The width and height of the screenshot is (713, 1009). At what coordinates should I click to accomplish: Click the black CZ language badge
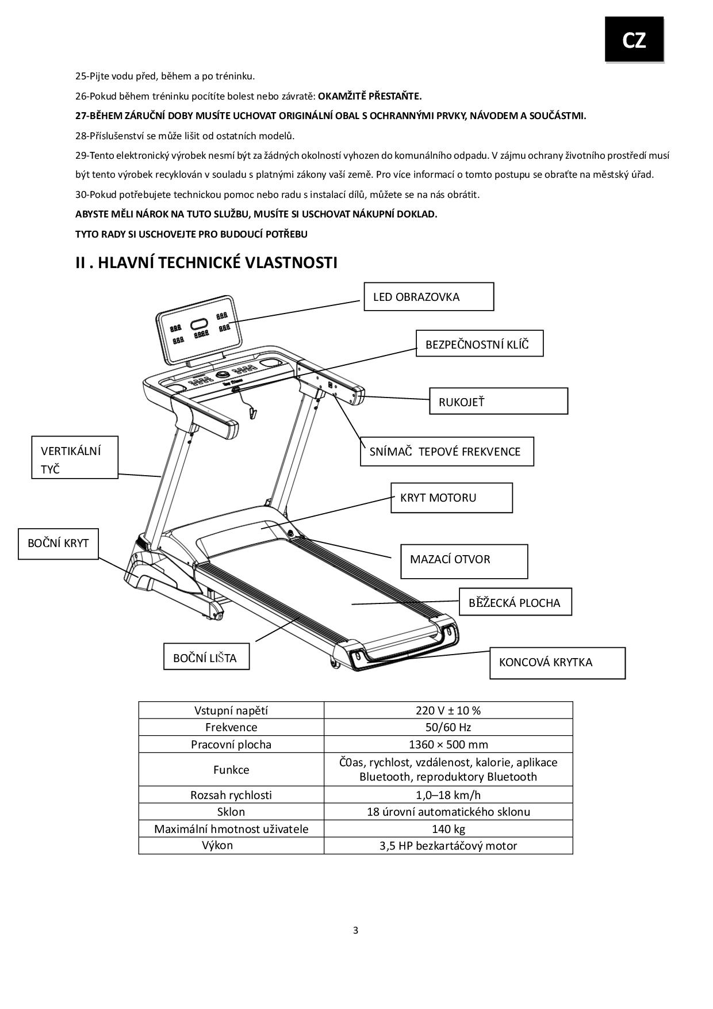pos(634,39)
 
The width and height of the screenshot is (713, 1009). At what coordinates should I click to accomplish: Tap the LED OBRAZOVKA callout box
pos(428,297)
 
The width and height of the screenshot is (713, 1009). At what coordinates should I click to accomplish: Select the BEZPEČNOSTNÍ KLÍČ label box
pos(479,343)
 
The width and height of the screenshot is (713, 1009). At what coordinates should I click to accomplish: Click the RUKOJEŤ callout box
pos(498,401)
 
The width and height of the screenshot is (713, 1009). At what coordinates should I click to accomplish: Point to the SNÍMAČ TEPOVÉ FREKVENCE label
pos(447,451)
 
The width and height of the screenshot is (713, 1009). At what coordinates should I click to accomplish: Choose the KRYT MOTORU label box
pos(451,498)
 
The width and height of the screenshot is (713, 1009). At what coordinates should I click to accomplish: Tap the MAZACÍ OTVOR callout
pos(463,561)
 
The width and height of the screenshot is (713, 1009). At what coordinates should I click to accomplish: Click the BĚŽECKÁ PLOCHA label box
pos(515,602)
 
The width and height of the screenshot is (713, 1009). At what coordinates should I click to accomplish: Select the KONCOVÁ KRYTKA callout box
pos(557,663)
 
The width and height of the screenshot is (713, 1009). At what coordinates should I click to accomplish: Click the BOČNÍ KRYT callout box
pos(58,543)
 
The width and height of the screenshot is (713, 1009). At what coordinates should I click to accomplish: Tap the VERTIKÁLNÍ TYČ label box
pos(74,457)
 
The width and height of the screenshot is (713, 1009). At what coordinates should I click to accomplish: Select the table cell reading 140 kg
pos(448,828)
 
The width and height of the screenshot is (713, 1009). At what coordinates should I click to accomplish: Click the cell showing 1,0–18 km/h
pos(448,794)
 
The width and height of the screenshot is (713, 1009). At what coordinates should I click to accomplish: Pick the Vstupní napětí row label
pos(231,710)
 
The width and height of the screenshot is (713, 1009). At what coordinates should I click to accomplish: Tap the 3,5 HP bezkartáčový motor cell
pos(448,846)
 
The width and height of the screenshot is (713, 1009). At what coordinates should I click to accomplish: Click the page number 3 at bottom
pos(355,930)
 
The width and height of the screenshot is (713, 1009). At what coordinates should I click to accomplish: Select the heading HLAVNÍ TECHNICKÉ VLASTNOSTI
pos(206,263)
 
